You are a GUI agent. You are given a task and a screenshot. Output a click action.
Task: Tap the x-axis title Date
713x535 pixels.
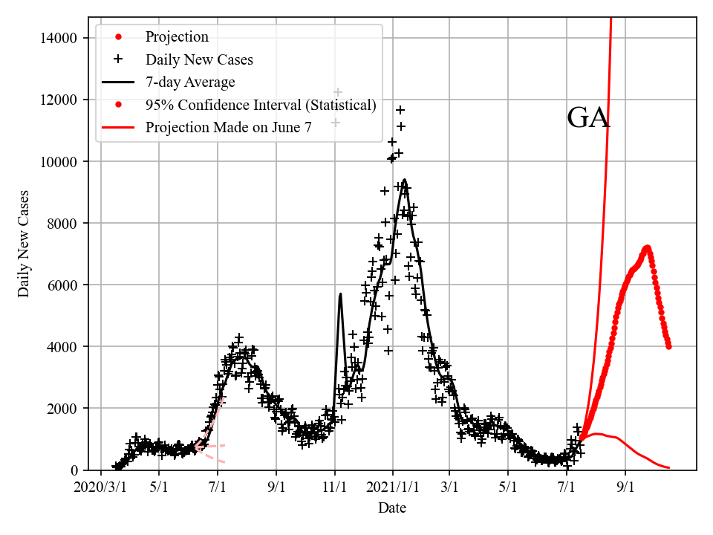click(x=391, y=508)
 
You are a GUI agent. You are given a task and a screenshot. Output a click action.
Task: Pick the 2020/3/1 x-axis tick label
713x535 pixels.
click(x=101, y=487)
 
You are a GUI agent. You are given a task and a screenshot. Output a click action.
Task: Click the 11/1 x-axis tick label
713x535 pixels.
click(x=335, y=487)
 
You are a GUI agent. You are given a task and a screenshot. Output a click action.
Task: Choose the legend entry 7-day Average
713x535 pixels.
click(x=190, y=82)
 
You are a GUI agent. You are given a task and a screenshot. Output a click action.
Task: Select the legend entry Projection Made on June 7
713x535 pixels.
click(x=229, y=127)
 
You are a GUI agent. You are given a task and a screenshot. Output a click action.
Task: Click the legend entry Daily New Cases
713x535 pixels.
click(x=199, y=59)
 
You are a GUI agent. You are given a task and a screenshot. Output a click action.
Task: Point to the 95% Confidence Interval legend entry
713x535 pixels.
click(x=261, y=105)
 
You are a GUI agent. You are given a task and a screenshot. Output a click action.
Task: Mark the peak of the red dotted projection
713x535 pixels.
click(x=647, y=247)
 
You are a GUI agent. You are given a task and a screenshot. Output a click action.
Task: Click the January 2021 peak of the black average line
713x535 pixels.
click(x=404, y=180)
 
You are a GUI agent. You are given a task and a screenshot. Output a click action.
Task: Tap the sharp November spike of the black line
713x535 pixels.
click(x=340, y=294)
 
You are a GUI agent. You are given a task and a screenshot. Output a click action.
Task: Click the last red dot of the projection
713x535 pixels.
click(x=668, y=346)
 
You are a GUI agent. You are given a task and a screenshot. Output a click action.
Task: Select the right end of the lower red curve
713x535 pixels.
click(x=668, y=467)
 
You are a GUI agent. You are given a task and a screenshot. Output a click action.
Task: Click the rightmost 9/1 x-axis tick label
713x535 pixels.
click(x=625, y=487)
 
